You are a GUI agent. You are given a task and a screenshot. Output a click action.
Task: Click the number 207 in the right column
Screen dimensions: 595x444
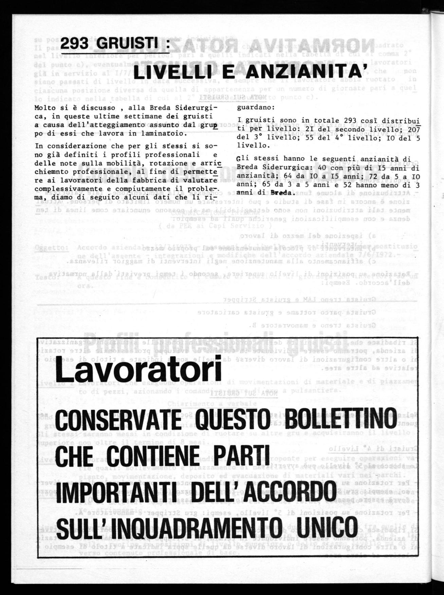tap(414, 130)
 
